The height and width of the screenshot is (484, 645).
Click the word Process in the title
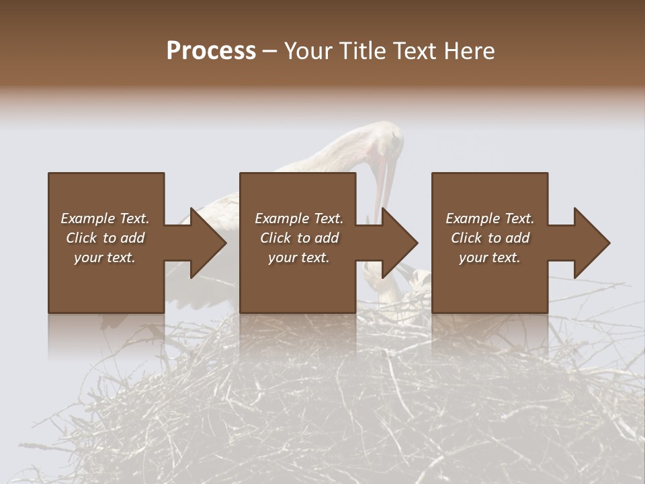211,51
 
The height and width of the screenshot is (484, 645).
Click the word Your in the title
310,51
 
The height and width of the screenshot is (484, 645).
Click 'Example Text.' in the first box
105,218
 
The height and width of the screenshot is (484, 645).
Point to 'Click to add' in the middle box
299,238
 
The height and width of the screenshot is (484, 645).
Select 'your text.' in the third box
489,257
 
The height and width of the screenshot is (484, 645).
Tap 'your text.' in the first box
105,257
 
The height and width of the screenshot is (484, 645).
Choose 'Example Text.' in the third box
490,218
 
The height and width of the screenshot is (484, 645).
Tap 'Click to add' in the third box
490,238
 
